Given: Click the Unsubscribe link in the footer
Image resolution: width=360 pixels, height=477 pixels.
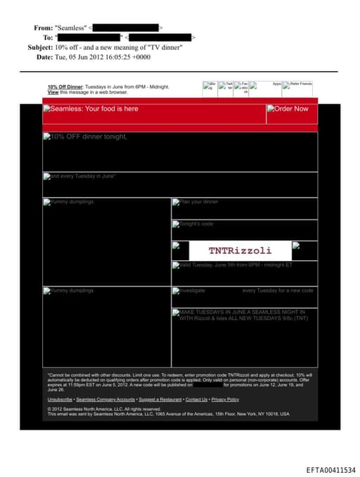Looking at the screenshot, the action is pos(60,399).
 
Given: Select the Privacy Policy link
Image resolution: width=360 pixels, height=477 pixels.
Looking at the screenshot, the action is pos(225,399).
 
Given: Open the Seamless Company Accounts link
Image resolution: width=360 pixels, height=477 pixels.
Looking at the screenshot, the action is pos(105,399).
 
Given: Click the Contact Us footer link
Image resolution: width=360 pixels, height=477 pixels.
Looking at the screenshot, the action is pos(196,399).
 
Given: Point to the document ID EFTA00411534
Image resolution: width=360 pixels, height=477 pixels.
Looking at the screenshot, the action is pos(330,469).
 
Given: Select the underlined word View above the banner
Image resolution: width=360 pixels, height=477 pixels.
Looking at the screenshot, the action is pos(53,92).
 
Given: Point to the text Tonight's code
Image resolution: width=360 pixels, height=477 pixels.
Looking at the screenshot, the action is pos(195,224).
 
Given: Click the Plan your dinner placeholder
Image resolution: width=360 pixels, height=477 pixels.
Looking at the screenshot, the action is pos(198,202).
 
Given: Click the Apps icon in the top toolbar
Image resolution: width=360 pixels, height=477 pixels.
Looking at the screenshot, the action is pos(276,84).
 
